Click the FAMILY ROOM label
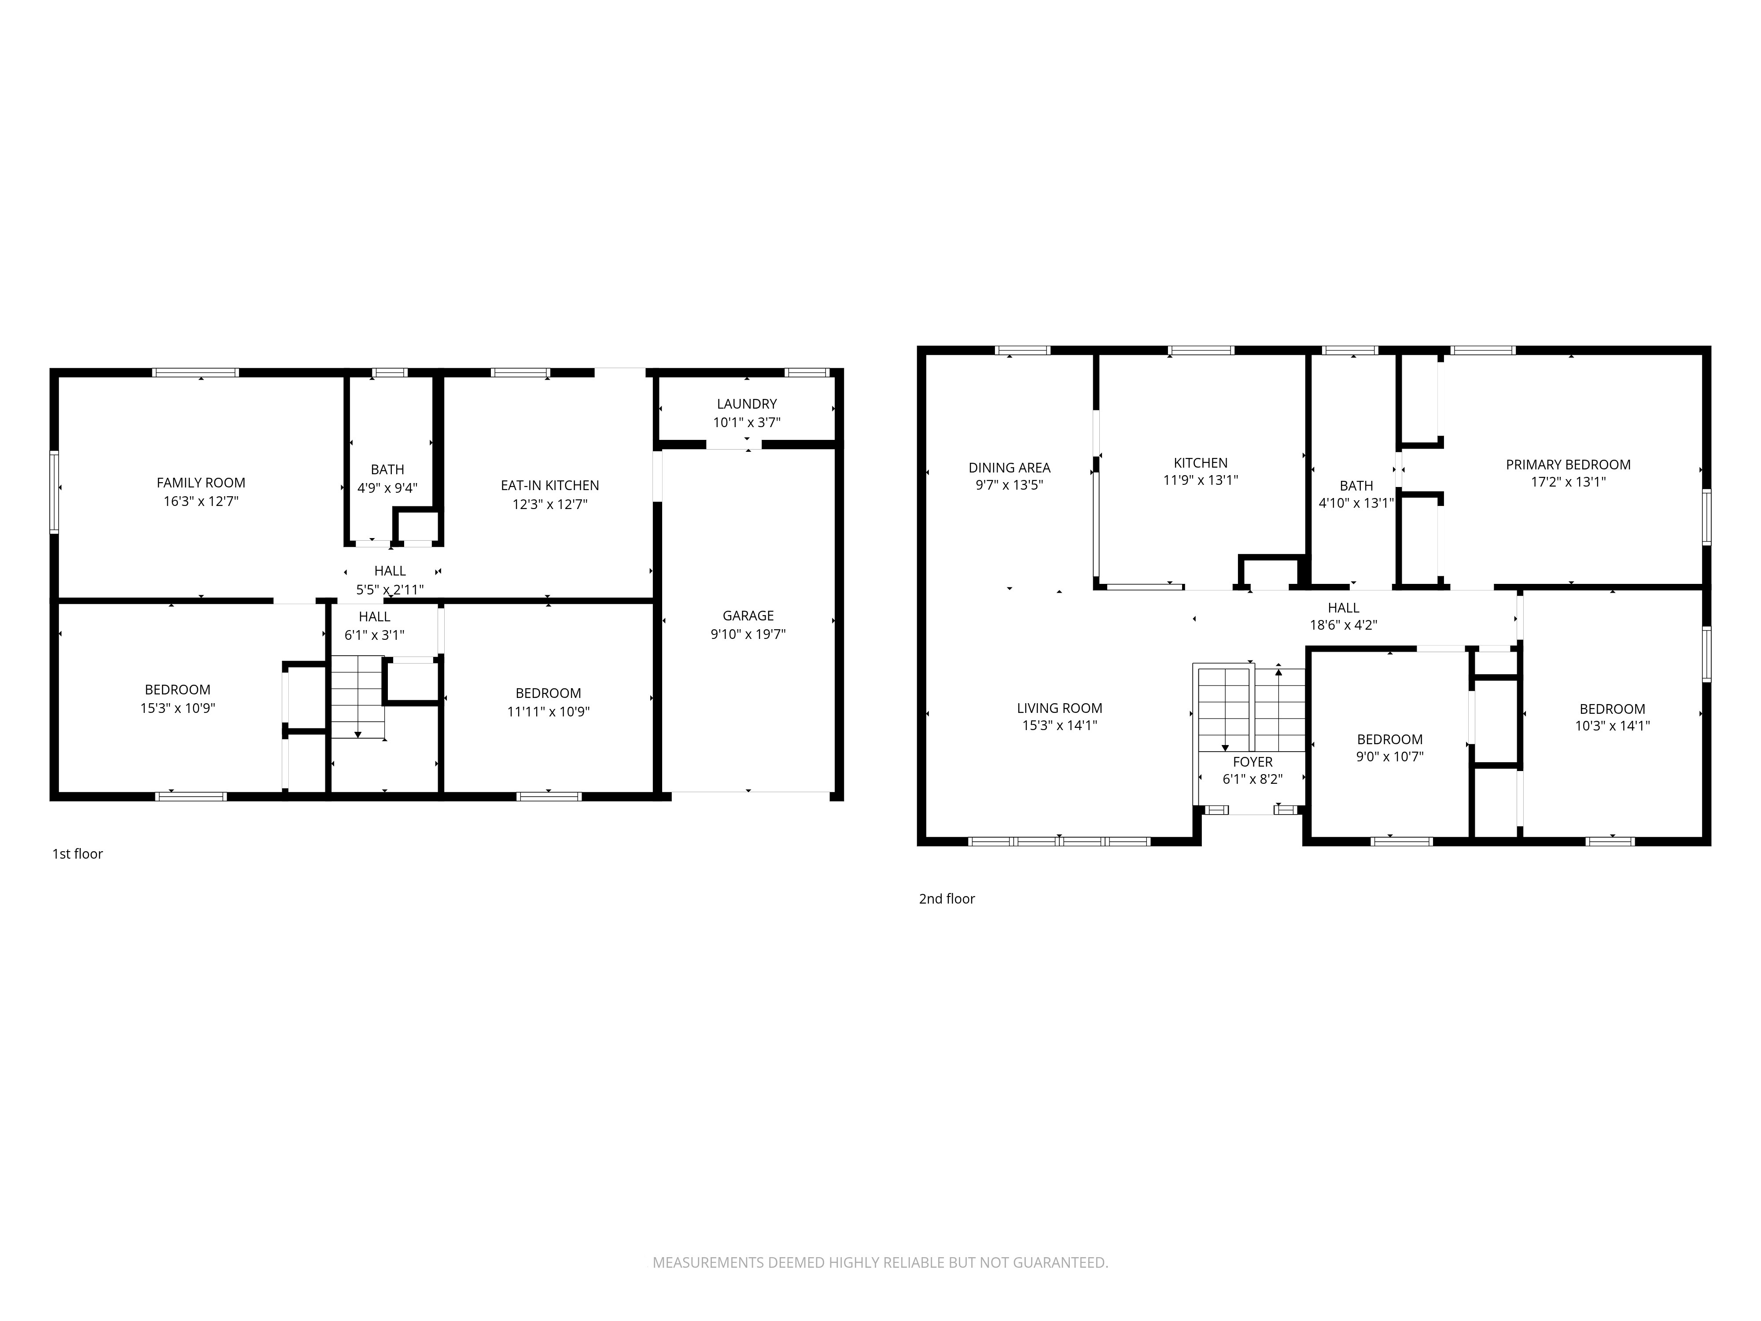point(201,483)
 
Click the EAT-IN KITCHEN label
point(549,485)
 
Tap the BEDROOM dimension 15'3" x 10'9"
point(177,708)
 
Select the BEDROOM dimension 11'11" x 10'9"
point(548,712)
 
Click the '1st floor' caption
point(77,854)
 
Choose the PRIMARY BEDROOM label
point(1568,464)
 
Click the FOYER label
point(1252,762)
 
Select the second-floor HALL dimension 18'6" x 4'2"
point(1343,625)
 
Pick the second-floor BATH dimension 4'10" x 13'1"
point(1356,503)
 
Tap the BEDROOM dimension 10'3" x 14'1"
point(1612,726)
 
